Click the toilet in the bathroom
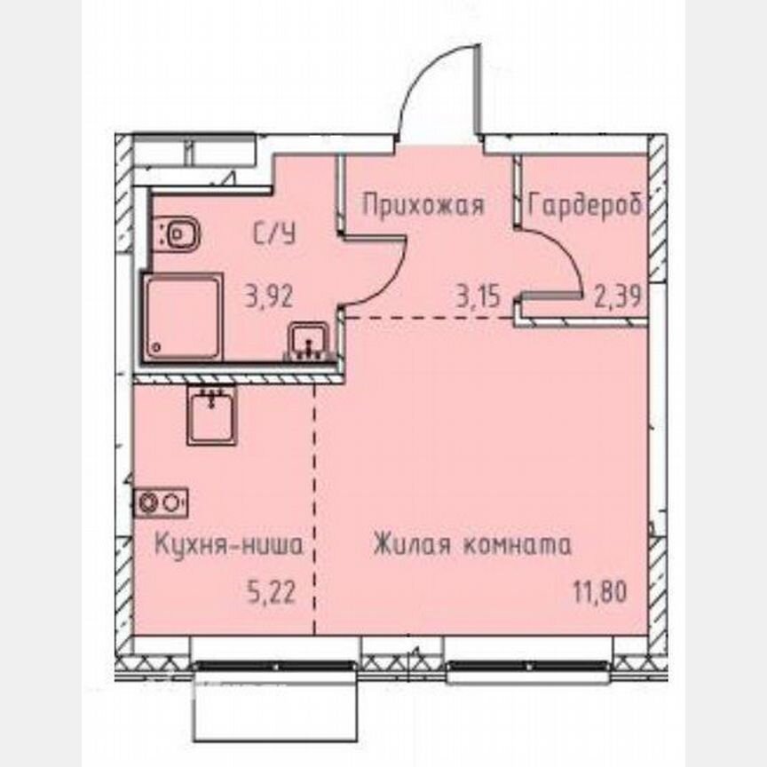tap(180, 235)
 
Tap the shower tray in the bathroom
tap(181, 317)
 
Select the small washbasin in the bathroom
tap(308, 340)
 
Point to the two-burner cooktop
tap(161, 502)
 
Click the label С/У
tap(274, 235)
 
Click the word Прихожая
tap(423, 206)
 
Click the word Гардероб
tap(584, 206)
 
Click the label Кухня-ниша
tap(228, 544)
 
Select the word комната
tap(517, 544)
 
